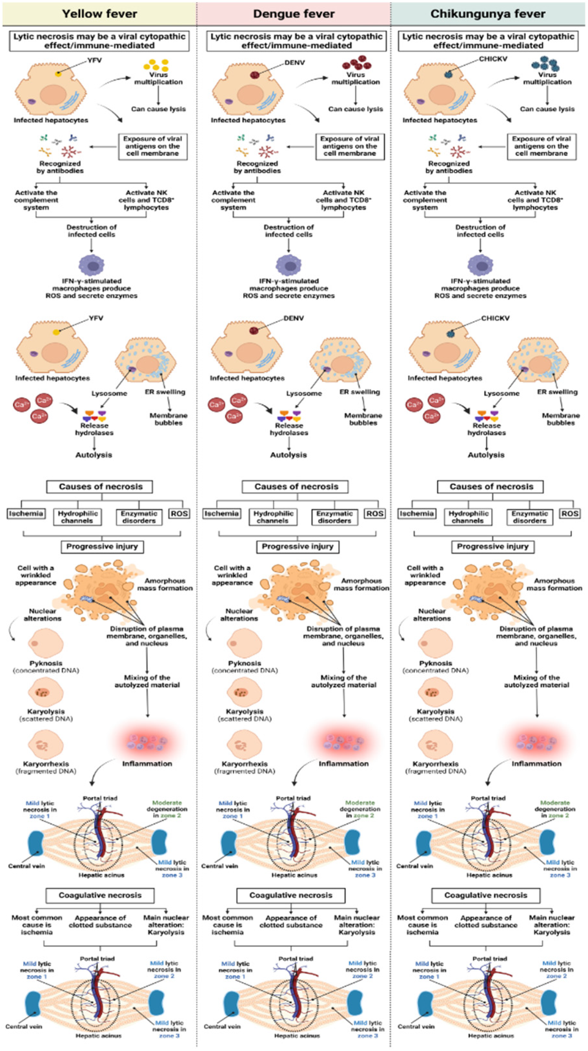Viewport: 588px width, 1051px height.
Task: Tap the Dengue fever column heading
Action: (x=293, y=14)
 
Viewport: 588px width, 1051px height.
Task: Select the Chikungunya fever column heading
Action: (x=488, y=14)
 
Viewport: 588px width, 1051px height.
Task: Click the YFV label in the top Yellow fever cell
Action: (x=94, y=60)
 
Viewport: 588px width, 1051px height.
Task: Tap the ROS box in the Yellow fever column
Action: (x=179, y=513)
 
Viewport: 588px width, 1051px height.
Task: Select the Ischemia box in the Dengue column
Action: (x=221, y=513)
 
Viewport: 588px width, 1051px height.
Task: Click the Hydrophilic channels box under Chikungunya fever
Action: (x=468, y=517)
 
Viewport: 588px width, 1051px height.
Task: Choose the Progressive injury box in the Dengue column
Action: (x=298, y=546)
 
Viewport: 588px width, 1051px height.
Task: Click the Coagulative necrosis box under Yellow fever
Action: (x=100, y=895)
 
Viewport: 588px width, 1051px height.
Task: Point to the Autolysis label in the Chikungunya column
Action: (x=486, y=455)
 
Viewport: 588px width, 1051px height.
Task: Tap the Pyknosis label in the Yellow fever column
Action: (x=46, y=663)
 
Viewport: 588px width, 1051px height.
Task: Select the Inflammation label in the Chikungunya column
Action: (x=536, y=763)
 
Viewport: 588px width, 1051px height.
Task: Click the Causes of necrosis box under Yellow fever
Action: (x=100, y=486)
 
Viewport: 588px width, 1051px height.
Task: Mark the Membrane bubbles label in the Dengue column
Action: (x=363, y=419)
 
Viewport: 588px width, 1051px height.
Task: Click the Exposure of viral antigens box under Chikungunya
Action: (x=541, y=146)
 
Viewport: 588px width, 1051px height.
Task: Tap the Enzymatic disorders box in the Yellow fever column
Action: (x=139, y=517)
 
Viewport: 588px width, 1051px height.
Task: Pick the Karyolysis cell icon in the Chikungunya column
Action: (x=436, y=692)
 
